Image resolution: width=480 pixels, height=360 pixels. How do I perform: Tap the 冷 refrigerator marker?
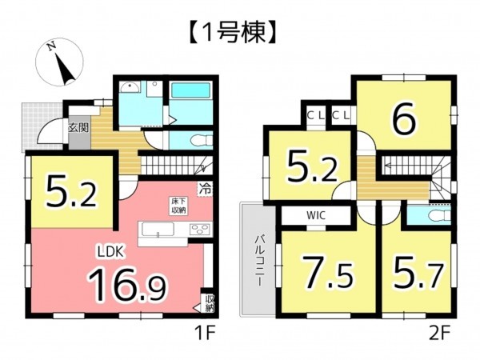(x=206, y=190)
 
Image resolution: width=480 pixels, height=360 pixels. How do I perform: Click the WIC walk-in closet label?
(x=314, y=215)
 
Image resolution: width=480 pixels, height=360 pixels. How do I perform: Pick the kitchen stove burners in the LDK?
(x=198, y=230)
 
